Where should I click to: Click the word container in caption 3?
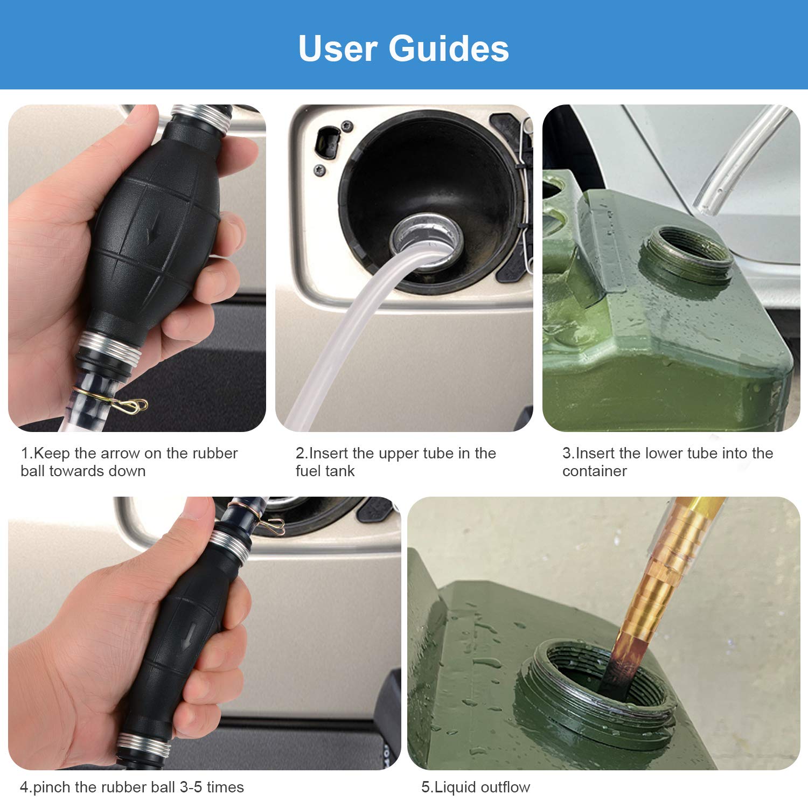point(594,471)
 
